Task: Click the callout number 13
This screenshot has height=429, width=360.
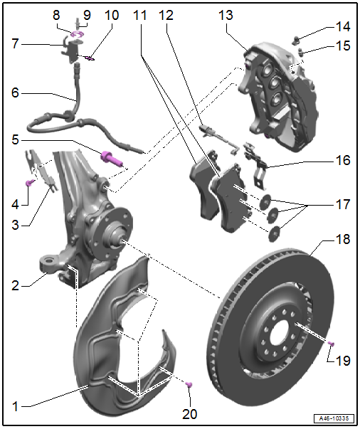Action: pos(226,15)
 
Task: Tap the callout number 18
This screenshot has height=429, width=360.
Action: pos(342,239)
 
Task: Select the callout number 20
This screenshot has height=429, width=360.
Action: pos(189,414)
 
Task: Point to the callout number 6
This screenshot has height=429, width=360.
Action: pos(15,92)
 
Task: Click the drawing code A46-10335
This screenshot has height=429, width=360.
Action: pos(334,418)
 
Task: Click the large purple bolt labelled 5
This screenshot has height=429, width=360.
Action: pos(112,159)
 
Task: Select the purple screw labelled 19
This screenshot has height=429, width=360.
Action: pos(332,344)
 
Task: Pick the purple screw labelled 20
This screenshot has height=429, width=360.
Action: pos(189,384)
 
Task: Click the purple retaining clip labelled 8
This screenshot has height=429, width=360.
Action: pos(77,34)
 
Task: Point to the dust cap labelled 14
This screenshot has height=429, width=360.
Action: pos(296,39)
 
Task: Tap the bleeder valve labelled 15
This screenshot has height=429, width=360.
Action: pos(300,51)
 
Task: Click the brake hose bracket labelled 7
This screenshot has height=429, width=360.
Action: pos(72,49)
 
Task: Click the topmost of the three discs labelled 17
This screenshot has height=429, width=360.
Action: pos(265,201)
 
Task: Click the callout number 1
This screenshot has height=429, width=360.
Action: pos(15,406)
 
